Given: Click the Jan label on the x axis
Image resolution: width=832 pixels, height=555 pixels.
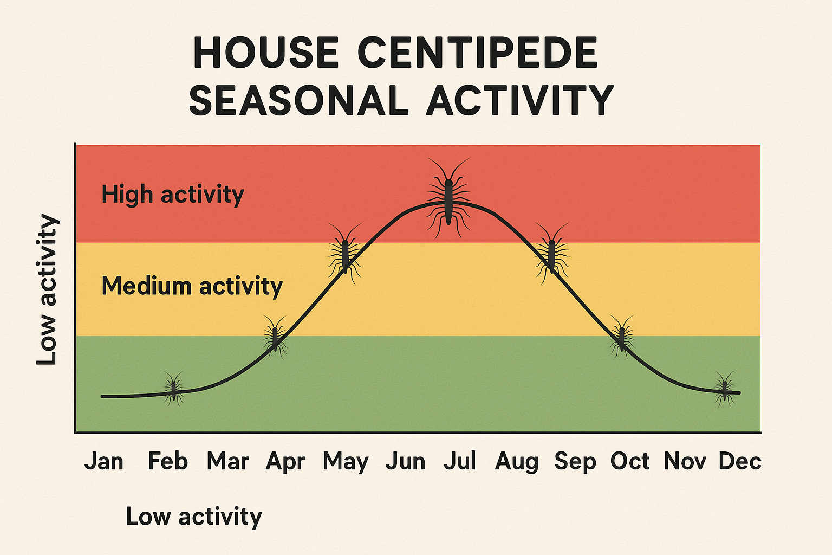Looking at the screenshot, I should pyautogui.click(x=104, y=462).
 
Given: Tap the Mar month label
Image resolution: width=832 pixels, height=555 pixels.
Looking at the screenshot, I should pyautogui.click(x=227, y=462).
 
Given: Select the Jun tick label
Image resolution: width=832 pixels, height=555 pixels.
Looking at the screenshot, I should pyautogui.click(x=405, y=462).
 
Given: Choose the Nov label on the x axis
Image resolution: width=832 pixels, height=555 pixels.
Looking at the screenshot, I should pyautogui.click(x=685, y=462).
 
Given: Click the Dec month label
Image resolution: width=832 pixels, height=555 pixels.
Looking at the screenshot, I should pyautogui.click(x=740, y=462).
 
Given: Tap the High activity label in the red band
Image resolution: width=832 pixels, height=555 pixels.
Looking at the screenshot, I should pyautogui.click(x=173, y=195).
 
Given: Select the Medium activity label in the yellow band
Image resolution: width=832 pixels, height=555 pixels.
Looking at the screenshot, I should pyautogui.click(x=192, y=286).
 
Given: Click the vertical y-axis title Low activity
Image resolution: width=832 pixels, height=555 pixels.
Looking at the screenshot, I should pyautogui.click(x=47, y=290).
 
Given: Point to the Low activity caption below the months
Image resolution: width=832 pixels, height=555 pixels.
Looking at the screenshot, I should pyautogui.click(x=193, y=517).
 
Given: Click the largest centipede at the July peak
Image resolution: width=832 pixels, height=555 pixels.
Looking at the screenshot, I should pyautogui.click(x=448, y=199).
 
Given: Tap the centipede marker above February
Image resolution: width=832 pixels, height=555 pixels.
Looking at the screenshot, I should pyautogui.click(x=174, y=388).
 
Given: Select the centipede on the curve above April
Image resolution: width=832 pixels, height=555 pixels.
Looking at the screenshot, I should pyautogui.click(x=275, y=336).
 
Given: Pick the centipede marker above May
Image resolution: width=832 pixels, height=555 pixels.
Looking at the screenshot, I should pyautogui.click(x=345, y=254).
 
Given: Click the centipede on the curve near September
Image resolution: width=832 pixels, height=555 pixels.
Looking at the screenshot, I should pyautogui.click(x=552, y=253).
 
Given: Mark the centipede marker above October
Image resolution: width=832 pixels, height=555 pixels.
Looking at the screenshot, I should pyautogui.click(x=622, y=336).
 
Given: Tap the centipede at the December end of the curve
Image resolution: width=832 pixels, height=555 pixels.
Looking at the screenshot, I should pyautogui.click(x=725, y=388).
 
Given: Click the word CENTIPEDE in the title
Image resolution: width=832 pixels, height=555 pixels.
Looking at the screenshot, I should pyautogui.click(x=477, y=53).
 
